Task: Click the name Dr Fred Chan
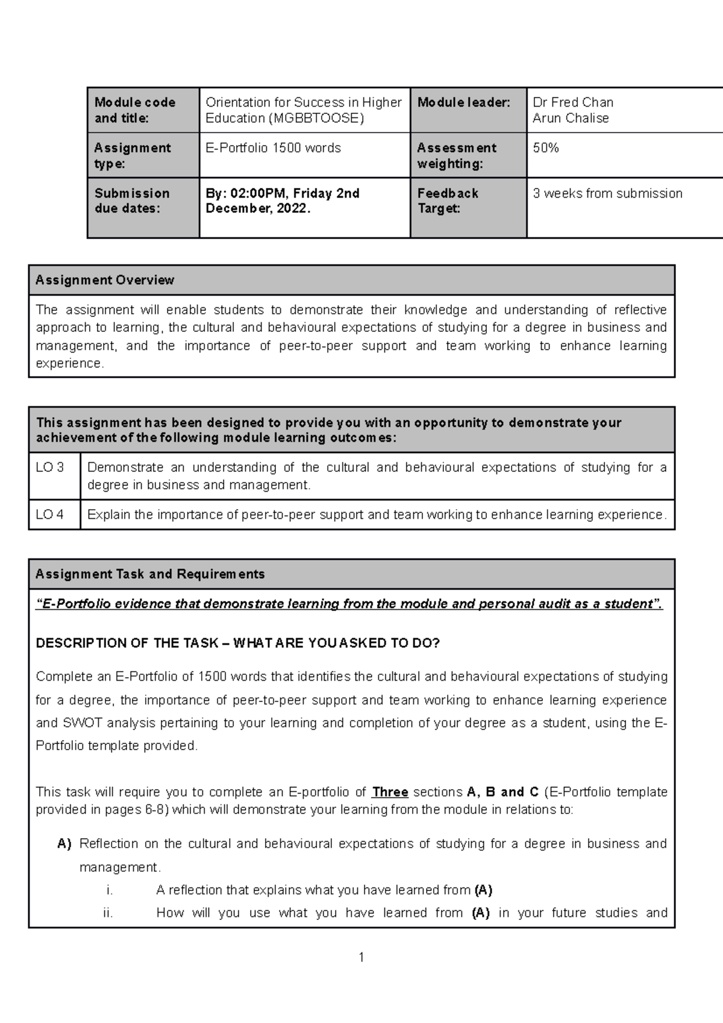coord(573,102)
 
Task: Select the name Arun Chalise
coord(571,118)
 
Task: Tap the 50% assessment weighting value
coord(546,148)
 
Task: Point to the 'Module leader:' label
coord(463,102)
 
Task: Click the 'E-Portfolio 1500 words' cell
coord(273,148)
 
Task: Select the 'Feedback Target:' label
coord(448,201)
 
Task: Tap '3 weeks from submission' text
coord(607,193)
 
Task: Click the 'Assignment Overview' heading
coord(105,280)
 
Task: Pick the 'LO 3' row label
coord(50,468)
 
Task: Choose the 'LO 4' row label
coord(50,515)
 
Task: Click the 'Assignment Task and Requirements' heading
coord(150,574)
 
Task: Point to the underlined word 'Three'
coord(390,792)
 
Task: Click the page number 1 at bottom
coord(361,957)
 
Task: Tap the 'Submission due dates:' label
coord(132,201)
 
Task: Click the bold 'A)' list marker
coord(64,844)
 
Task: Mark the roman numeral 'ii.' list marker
coord(108,913)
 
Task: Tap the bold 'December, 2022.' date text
coord(258,208)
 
